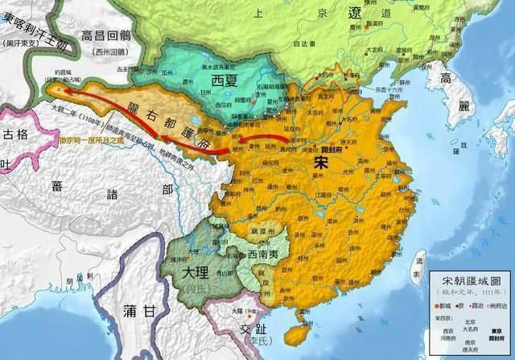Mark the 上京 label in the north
(x=257, y=14)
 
